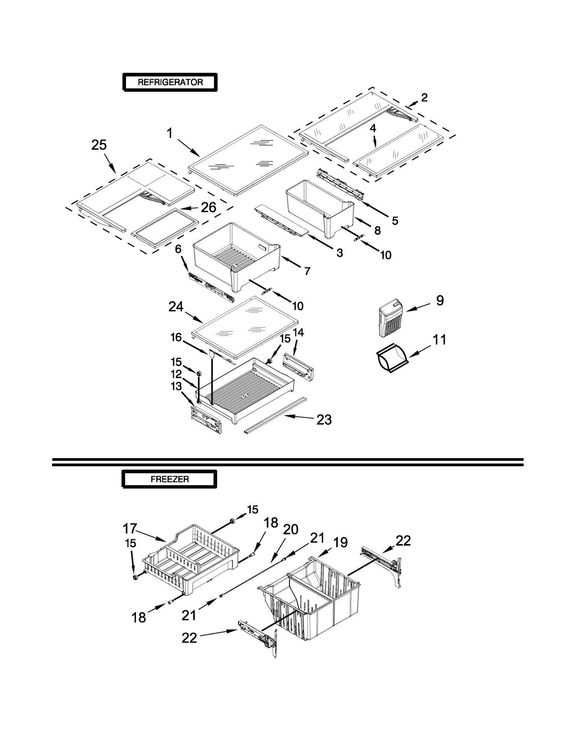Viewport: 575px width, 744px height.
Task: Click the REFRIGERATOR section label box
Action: [x=170, y=82]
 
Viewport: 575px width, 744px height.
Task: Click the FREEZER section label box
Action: [x=170, y=479]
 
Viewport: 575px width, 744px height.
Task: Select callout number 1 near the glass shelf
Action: [x=170, y=133]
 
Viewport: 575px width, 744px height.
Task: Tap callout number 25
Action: [x=99, y=145]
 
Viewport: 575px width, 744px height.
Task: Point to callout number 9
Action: [x=440, y=300]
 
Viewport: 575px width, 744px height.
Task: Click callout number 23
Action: [x=324, y=420]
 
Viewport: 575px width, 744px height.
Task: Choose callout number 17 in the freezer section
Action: [x=130, y=528]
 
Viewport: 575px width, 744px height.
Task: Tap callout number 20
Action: [x=290, y=529]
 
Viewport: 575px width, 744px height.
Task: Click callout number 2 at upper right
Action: [x=424, y=97]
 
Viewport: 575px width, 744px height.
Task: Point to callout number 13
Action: [x=176, y=386]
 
